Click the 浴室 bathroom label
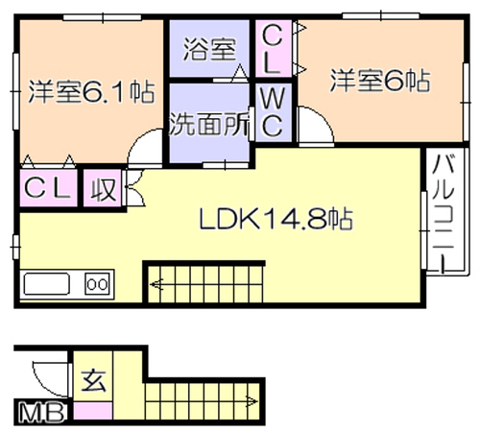coord(209,50)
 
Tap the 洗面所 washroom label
coord(209,124)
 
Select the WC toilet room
coord(273,112)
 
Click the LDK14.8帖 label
coord(276,219)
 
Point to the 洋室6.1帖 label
coord(91,92)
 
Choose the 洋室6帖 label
coord(380,80)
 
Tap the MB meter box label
coord(41,413)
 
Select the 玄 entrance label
coord(93,381)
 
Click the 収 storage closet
coord(103,188)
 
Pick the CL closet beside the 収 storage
coord(49,188)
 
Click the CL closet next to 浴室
coord(274,49)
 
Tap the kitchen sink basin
coord(47,284)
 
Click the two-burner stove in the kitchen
coord(98,284)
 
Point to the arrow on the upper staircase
coord(156,284)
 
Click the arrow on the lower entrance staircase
coord(251,401)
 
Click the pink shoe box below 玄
coord(93,411)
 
